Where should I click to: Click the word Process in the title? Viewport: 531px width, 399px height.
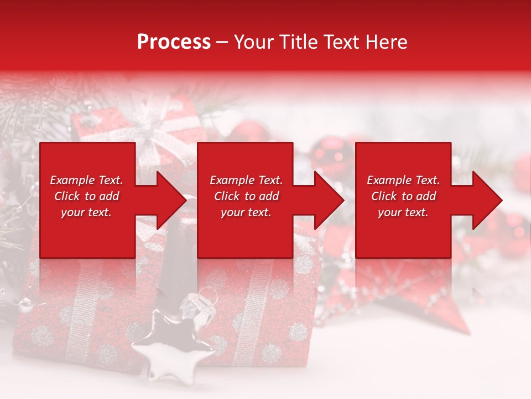(x=174, y=42)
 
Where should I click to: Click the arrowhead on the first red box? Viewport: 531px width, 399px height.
(x=169, y=200)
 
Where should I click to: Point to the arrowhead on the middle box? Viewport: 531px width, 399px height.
(x=326, y=200)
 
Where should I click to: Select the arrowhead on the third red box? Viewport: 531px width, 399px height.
(x=485, y=200)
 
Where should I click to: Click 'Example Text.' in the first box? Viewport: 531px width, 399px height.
(x=86, y=180)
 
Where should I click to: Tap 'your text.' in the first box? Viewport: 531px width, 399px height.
(x=86, y=212)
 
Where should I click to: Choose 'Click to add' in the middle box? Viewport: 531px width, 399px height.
(x=246, y=196)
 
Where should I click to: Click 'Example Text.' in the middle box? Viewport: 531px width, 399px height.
(x=246, y=180)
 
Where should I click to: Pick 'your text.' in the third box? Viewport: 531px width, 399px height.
(x=403, y=212)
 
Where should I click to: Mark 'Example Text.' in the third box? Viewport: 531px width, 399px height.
(x=403, y=180)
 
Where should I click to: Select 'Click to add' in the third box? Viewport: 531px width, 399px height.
(x=403, y=196)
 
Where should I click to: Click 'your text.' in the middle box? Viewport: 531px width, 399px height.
(x=246, y=212)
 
